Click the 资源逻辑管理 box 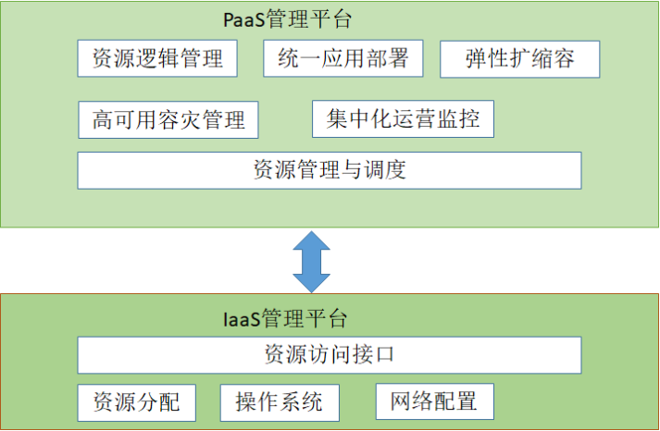[x=157, y=59]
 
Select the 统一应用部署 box [x=342, y=59]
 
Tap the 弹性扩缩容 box [x=519, y=59]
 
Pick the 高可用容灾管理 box [x=168, y=119]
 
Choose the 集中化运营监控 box [x=403, y=119]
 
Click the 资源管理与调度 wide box [x=329, y=170]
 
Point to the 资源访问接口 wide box [x=329, y=354]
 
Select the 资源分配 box [x=136, y=402]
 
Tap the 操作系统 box [x=280, y=402]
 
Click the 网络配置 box [x=434, y=401]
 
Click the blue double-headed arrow [x=312, y=260]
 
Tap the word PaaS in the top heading [x=243, y=18]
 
